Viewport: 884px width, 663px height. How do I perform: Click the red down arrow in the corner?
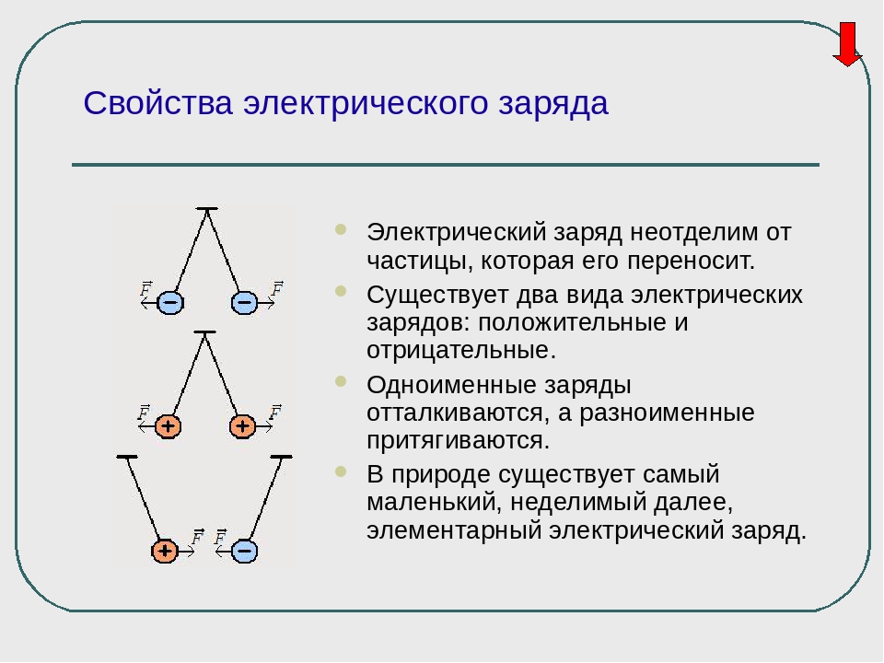coord(847,44)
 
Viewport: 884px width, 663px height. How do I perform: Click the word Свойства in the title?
coord(157,103)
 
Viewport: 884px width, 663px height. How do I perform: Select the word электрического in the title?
coord(366,105)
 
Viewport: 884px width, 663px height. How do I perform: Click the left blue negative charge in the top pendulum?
coord(169,302)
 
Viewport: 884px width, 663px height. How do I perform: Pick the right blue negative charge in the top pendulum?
coord(244,302)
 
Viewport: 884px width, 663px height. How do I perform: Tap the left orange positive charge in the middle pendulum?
coord(168,426)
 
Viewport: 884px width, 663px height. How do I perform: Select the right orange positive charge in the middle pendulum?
coord(242,426)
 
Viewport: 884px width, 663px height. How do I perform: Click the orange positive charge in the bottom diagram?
coord(165,551)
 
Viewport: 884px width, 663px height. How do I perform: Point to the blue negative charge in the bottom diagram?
coord(244,551)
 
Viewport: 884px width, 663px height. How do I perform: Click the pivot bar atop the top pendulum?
coord(207,209)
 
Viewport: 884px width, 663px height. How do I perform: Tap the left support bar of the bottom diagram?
coord(127,457)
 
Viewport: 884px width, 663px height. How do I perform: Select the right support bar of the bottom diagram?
coord(282,457)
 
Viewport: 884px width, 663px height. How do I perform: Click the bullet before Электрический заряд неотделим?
coord(341,229)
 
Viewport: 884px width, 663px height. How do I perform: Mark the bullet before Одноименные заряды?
coord(341,381)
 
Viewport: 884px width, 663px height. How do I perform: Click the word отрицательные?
coord(461,350)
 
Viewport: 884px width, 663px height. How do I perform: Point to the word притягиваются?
coord(458,441)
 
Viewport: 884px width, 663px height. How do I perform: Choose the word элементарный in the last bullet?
coord(454,530)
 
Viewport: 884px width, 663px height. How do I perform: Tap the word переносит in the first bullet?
coord(691,261)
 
